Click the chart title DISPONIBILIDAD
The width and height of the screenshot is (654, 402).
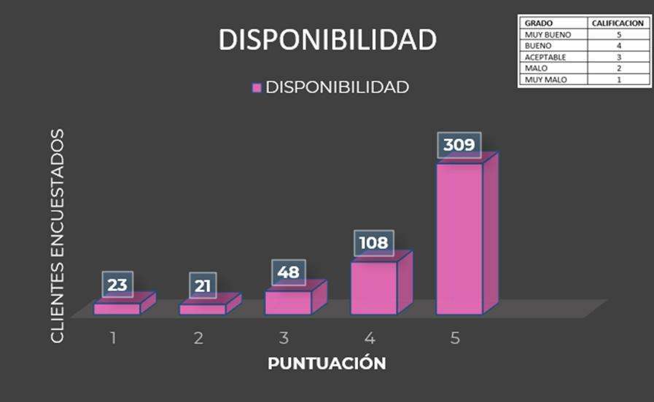tap(327, 40)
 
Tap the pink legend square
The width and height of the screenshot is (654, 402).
tap(257, 87)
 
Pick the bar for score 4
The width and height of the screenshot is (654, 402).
tap(374, 287)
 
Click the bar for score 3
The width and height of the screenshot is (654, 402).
tap(289, 302)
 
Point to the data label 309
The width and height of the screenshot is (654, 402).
tap(459, 145)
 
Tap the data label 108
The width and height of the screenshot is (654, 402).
tap(373, 243)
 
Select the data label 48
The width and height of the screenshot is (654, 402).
tap(288, 272)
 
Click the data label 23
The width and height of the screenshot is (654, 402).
tap(117, 285)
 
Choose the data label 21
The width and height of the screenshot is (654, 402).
tap(203, 285)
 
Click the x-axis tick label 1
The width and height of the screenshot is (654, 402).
tap(114, 339)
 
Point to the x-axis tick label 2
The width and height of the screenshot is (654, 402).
tap(198, 339)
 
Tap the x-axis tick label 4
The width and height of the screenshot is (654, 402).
tap(370, 339)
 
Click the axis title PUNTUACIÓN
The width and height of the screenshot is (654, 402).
tap(327, 363)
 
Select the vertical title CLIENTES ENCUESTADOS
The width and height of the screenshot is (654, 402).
tap(58, 236)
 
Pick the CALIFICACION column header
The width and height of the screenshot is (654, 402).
tap(618, 23)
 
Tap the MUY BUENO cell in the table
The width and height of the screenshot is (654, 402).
tap(548, 34)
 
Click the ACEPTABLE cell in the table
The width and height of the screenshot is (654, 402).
tap(545, 57)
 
